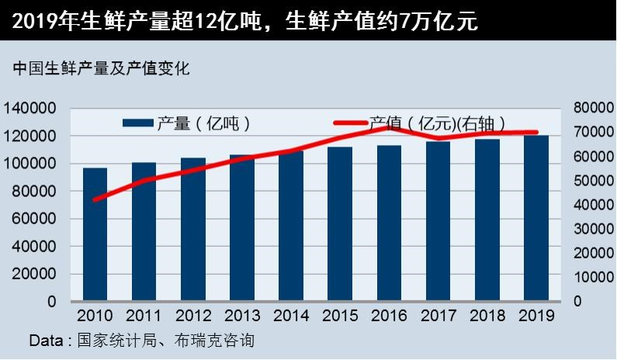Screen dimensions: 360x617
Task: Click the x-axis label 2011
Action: click(x=144, y=316)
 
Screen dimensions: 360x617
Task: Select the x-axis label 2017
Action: click(x=438, y=316)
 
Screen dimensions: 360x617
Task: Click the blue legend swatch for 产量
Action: click(x=138, y=123)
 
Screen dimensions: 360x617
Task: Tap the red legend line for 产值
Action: click(x=349, y=123)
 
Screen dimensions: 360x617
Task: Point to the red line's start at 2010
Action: click(x=95, y=199)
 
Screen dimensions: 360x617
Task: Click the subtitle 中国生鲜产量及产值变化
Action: click(x=101, y=69)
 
